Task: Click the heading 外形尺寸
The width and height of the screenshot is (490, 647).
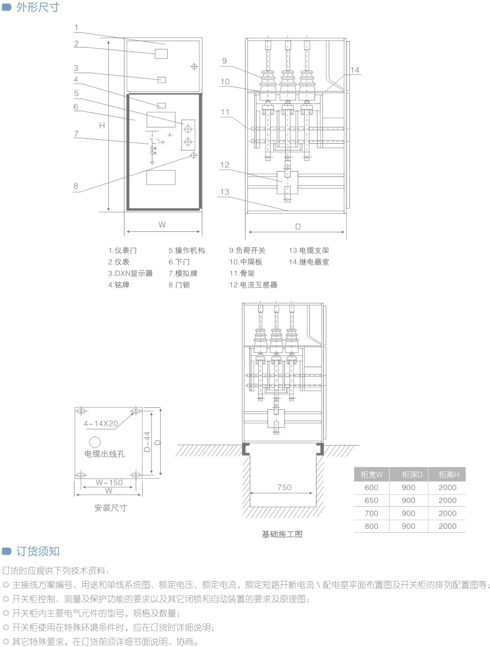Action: pyautogui.click(x=37, y=7)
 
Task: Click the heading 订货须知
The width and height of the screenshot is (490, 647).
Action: pyautogui.click(x=37, y=551)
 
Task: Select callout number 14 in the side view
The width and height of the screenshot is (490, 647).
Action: pyautogui.click(x=355, y=70)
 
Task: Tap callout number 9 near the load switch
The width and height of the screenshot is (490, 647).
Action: pyautogui.click(x=224, y=61)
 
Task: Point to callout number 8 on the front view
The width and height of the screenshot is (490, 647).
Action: pyautogui.click(x=75, y=186)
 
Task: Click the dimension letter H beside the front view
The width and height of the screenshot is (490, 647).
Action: pyautogui.click(x=102, y=125)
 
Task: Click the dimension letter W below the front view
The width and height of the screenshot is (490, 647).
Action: pyautogui.click(x=162, y=224)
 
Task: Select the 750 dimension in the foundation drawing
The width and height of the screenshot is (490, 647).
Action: pyautogui.click(x=284, y=487)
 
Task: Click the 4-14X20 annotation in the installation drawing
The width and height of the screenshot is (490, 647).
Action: pyautogui.click(x=100, y=423)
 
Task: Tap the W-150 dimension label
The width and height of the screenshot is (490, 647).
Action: pyautogui.click(x=109, y=482)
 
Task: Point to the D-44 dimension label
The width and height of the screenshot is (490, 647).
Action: pyautogui.click(x=147, y=442)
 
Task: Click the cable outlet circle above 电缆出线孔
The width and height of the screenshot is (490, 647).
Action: pyautogui.click(x=95, y=442)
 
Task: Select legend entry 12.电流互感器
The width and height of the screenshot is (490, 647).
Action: pyautogui.click(x=253, y=285)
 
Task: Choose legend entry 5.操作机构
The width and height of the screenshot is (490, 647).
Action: pyautogui.click(x=187, y=250)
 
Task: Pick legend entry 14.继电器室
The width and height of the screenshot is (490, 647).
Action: pyautogui.click(x=309, y=262)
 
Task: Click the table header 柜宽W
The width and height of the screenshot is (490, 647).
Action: pyautogui.click(x=371, y=474)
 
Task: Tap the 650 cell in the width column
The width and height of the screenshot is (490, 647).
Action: pyautogui.click(x=371, y=500)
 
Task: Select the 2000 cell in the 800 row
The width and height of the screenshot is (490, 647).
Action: pyautogui.click(x=447, y=526)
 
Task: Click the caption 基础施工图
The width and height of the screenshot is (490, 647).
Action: pyautogui.click(x=282, y=534)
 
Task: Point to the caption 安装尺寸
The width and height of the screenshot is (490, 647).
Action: pyautogui.click(x=110, y=508)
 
